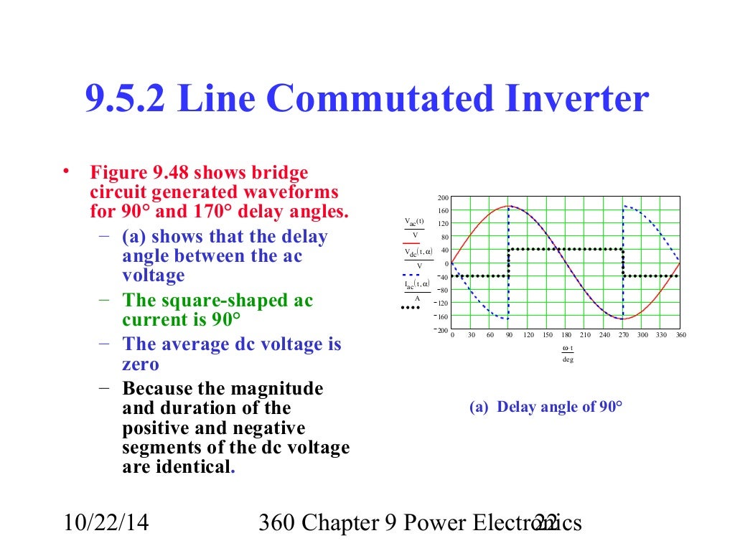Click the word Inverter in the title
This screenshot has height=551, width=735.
point(575,99)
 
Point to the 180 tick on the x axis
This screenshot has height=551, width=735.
point(566,335)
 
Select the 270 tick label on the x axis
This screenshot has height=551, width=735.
point(623,335)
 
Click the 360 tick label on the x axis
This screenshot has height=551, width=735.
point(680,335)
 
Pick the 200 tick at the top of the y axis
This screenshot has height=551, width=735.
point(443,198)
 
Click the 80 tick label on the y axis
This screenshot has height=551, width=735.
point(445,237)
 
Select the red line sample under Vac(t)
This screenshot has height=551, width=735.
point(411,244)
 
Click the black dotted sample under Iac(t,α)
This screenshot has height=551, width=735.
point(410,308)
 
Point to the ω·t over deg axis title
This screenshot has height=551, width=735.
point(567,354)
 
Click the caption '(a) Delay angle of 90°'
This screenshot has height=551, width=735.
point(546,408)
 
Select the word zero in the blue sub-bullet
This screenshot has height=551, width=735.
point(141,364)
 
